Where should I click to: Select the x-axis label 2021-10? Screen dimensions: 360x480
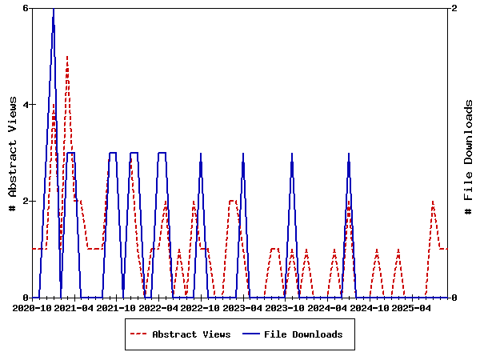116,307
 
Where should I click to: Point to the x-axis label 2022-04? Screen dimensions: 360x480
158,307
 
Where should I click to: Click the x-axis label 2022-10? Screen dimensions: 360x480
200,307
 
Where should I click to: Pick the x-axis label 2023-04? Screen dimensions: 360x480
242,307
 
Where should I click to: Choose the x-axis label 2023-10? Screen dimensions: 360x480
285,307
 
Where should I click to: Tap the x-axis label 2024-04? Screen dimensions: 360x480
327,307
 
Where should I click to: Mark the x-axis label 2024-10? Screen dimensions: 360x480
370,307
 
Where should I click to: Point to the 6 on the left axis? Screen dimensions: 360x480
26,8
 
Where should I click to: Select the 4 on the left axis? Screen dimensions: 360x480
26,105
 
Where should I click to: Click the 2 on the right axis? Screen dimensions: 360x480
455,8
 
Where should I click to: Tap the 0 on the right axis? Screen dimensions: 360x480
455,298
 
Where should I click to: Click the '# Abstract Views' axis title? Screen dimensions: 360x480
13,152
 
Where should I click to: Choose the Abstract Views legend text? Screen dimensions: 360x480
191,334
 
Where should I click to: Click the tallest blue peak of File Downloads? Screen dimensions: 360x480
53,9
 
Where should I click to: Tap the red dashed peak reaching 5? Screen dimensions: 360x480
67,57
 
